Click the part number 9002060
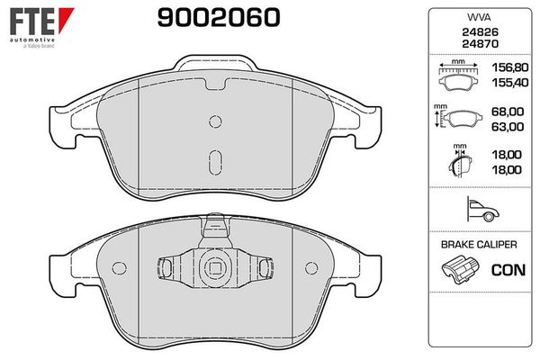(219, 17)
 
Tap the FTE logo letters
(32, 22)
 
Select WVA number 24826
(480, 32)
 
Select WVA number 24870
(480, 44)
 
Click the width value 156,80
(510, 67)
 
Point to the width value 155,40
(510, 83)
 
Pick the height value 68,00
(508, 112)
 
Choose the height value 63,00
(508, 127)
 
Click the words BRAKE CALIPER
(479, 245)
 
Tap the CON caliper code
(508, 270)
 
